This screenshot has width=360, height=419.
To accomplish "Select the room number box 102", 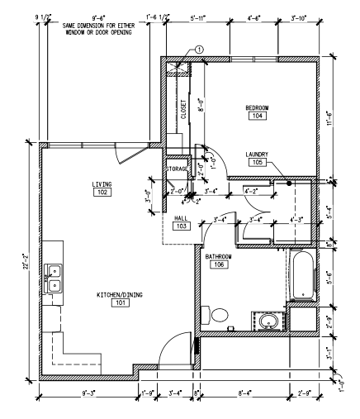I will click(102, 192).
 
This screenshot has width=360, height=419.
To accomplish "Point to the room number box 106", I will click(220, 265).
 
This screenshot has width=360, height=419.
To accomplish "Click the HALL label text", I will click(181, 217).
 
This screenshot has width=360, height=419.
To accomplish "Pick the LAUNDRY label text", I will click(258, 155).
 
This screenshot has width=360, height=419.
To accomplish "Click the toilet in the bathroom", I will click(219, 316).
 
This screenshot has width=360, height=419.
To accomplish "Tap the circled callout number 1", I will click(198, 50).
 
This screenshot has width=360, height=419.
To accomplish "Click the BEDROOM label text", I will click(258, 107).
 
